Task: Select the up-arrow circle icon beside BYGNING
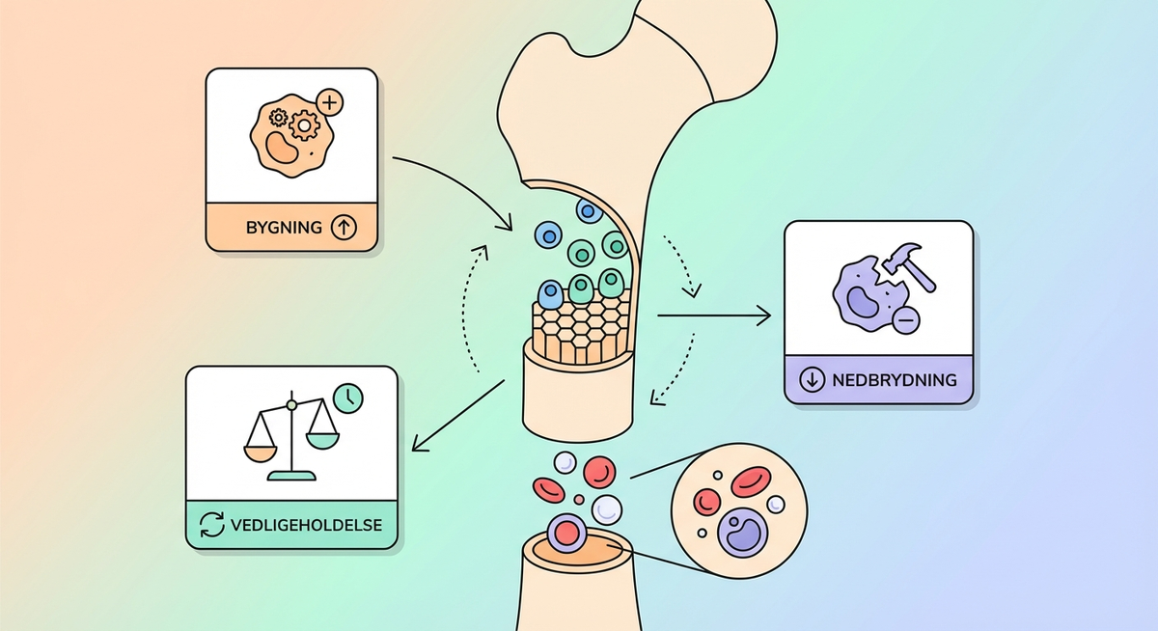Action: point(344,229)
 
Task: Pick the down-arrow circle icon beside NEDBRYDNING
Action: point(816,379)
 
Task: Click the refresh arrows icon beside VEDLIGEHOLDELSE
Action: point(211,526)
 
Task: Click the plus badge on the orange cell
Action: point(331,100)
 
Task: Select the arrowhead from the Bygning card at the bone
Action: point(506,226)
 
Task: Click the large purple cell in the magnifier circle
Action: point(739,530)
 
